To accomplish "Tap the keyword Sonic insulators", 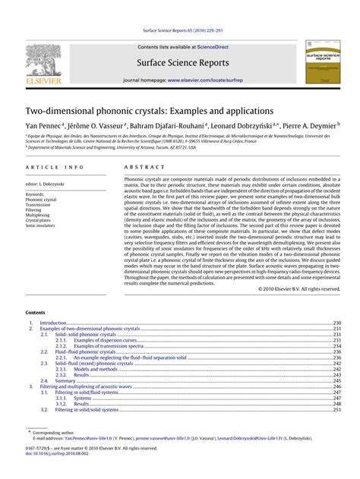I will pyautogui.click(x=40, y=226).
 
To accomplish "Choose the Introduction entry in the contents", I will pyautogui.click(x=54, y=323).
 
